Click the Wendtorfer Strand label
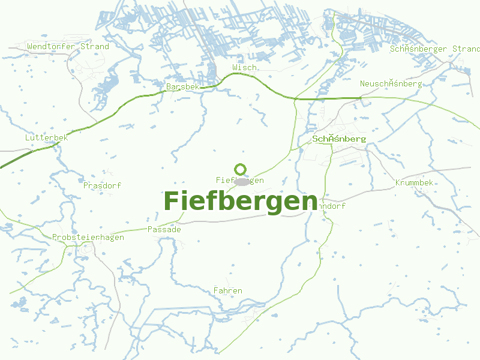[x=68, y=46]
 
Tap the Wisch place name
[x=244, y=68]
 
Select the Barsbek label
[x=182, y=87]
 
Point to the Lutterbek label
[x=47, y=137]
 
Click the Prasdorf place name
[x=102, y=185]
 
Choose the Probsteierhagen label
[x=88, y=237]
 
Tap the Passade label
[x=164, y=229]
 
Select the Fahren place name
[x=228, y=291]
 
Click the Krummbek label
[x=414, y=182]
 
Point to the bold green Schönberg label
[x=339, y=139]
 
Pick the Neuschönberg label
[x=391, y=83]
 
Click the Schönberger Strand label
[x=435, y=49]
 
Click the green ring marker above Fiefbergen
[x=241, y=169]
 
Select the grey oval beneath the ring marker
[x=242, y=181]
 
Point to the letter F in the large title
[x=172, y=201]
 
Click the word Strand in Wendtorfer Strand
[x=95, y=46]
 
